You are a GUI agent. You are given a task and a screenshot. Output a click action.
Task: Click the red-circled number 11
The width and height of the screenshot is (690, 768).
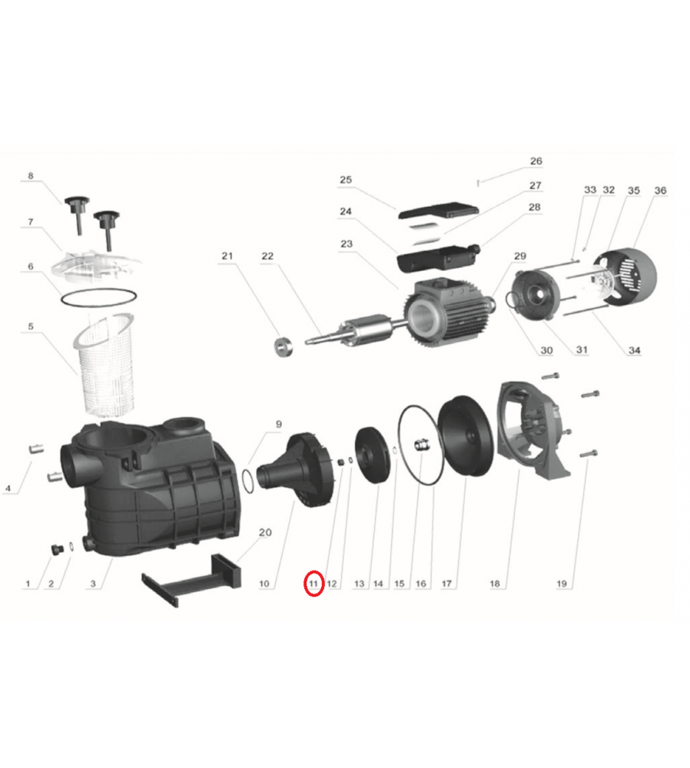tap(313, 584)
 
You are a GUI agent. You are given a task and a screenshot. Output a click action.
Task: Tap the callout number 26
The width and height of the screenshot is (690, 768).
tap(536, 161)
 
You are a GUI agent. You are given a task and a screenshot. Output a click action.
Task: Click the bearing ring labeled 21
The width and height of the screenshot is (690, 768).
tap(284, 346)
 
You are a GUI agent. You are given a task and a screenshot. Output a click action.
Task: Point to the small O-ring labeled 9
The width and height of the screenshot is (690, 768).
tap(249, 481)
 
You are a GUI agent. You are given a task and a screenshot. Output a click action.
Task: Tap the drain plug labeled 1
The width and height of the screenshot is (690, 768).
tap(58, 550)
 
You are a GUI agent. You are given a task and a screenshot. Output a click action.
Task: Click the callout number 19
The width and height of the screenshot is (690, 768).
tap(562, 584)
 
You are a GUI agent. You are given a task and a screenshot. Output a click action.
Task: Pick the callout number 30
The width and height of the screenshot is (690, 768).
tap(546, 351)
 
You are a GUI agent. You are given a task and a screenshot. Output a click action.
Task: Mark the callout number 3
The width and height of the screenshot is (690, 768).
tap(93, 584)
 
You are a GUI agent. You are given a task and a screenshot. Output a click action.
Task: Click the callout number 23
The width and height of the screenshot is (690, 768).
tap(347, 244)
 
